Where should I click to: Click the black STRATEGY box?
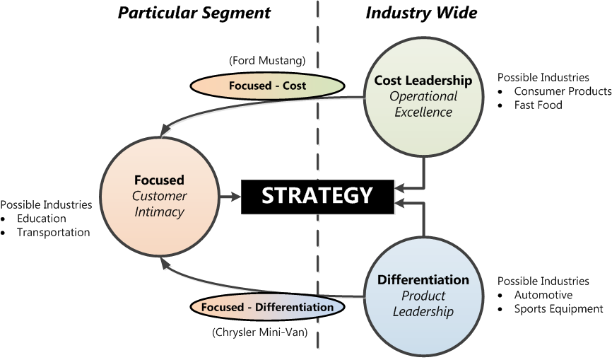pos(317,195)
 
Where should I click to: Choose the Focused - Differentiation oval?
pos(267,308)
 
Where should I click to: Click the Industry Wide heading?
pos(421,13)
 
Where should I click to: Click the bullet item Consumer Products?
pos(563,91)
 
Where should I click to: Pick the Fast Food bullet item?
pos(538,105)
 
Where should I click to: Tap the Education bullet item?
pos(42,219)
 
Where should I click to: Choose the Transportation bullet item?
pos(54,232)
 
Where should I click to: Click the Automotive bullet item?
pos(543,295)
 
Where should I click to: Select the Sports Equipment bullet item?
pos(558,308)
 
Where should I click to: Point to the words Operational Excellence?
pos(424,104)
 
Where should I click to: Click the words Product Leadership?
pos(423,303)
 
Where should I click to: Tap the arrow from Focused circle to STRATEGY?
pos(230,195)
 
